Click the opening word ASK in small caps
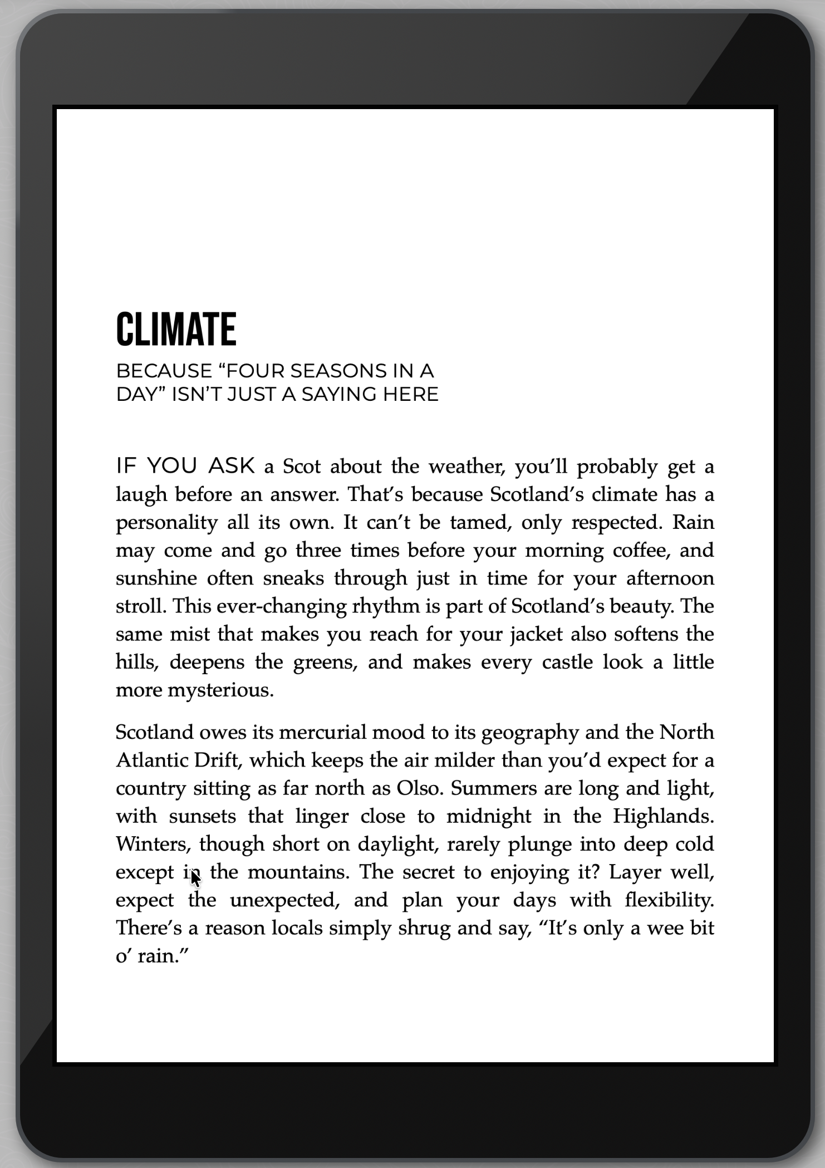coord(232,466)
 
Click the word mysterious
coord(220,690)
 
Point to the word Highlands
coord(663,816)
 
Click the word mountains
coord(298,872)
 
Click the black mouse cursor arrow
coord(195,878)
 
